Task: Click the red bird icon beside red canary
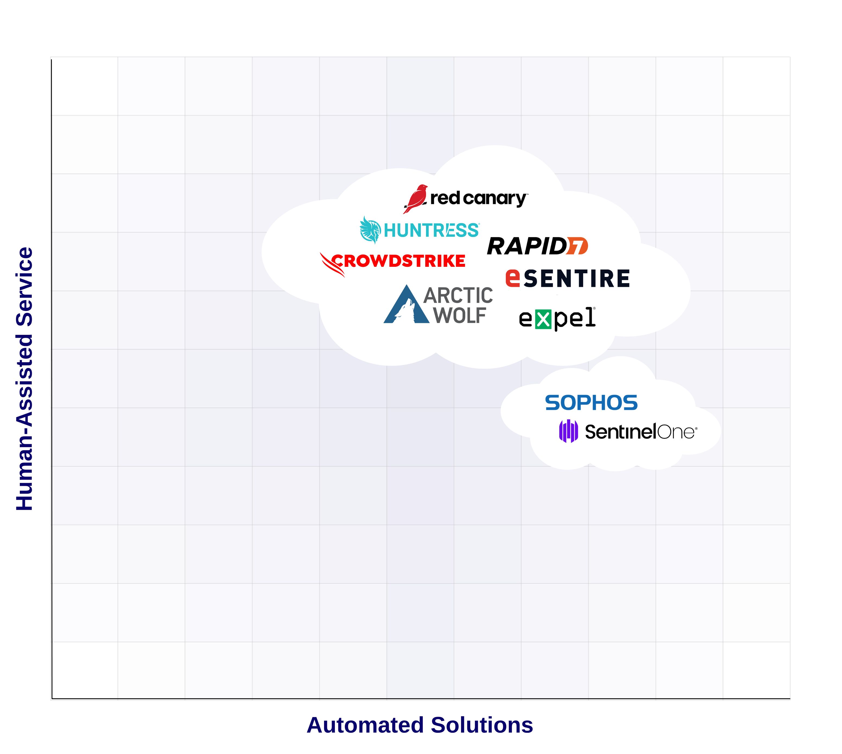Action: click(x=416, y=198)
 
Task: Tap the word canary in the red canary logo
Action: click(x=494, y=199)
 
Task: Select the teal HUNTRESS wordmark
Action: click(x=431, y=230)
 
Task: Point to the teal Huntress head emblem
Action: click(x=370, y=230)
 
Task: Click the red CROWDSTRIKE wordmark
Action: click(x=398, y=261)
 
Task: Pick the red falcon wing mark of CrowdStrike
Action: click(x=332, y=264)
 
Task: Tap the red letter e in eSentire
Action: click(x=512, y=278)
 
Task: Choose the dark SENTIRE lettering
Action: click(x=577, y=279)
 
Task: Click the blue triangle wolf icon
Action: click(x=406, y=307)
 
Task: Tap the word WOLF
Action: click(x=459, y=316)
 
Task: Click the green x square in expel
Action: click(x=543, y=320)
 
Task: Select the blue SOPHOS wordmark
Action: click(x=591, y=403)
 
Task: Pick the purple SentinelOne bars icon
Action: click(x=568, y=431)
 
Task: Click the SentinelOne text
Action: click(x=640, y=432)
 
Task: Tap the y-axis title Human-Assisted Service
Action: click(x=24, y=379)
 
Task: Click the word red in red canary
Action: click(x=445, y=198)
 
